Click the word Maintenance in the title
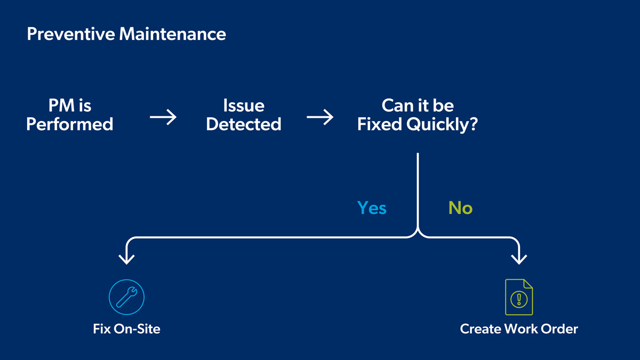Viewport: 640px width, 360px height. [172, 35]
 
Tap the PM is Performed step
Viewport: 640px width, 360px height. [70, 115]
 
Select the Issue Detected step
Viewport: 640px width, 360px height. [244, 115]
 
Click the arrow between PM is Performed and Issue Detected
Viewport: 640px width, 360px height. [163, 117]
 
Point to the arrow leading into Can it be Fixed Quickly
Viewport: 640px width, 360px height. [320, 117]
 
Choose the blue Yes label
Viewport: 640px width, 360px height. [372, 207]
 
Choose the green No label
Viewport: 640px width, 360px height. [460, 207]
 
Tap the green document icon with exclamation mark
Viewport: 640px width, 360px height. [519, 297]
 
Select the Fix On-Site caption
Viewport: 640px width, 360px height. [126, 329]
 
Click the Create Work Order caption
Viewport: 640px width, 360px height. [519, 329]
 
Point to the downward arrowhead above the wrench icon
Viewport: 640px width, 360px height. [126, 259]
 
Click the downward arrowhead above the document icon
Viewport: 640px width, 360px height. [519, 259]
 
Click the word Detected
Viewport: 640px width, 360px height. [244, 124]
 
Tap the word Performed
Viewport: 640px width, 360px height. [70, 124]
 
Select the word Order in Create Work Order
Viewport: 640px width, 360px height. [560, 329]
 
